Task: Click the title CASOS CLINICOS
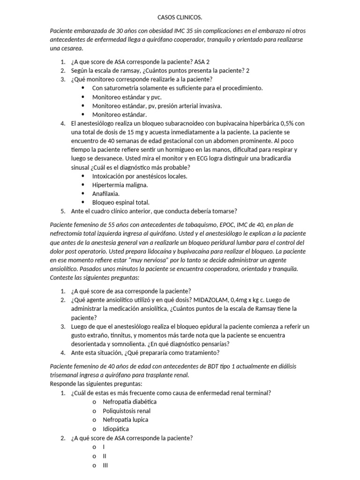tap(180, 18)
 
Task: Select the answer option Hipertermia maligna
tap(120, 185)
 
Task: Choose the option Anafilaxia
tap(106, 194)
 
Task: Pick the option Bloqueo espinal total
tap(120, 202)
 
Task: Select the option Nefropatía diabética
tap(129, 402)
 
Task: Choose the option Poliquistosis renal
tap(127, 411)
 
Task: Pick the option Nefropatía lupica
tap(125, 420)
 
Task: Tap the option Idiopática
tap(116, 428)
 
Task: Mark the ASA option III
tap(105, 465)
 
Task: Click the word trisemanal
tap(65, 375)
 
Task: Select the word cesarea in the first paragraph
tap(72, 49)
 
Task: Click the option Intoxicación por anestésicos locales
tap(140, 176)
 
